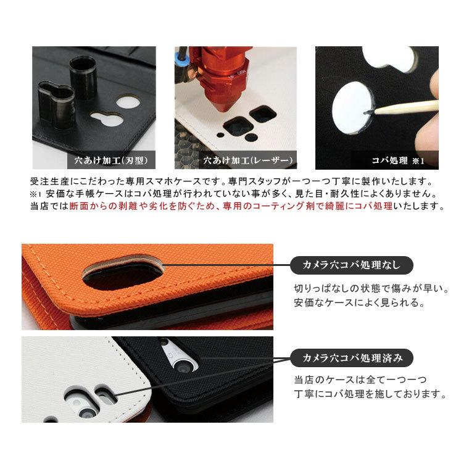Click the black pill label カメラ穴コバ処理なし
pos(351,265)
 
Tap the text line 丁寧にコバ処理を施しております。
pos(370,394)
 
